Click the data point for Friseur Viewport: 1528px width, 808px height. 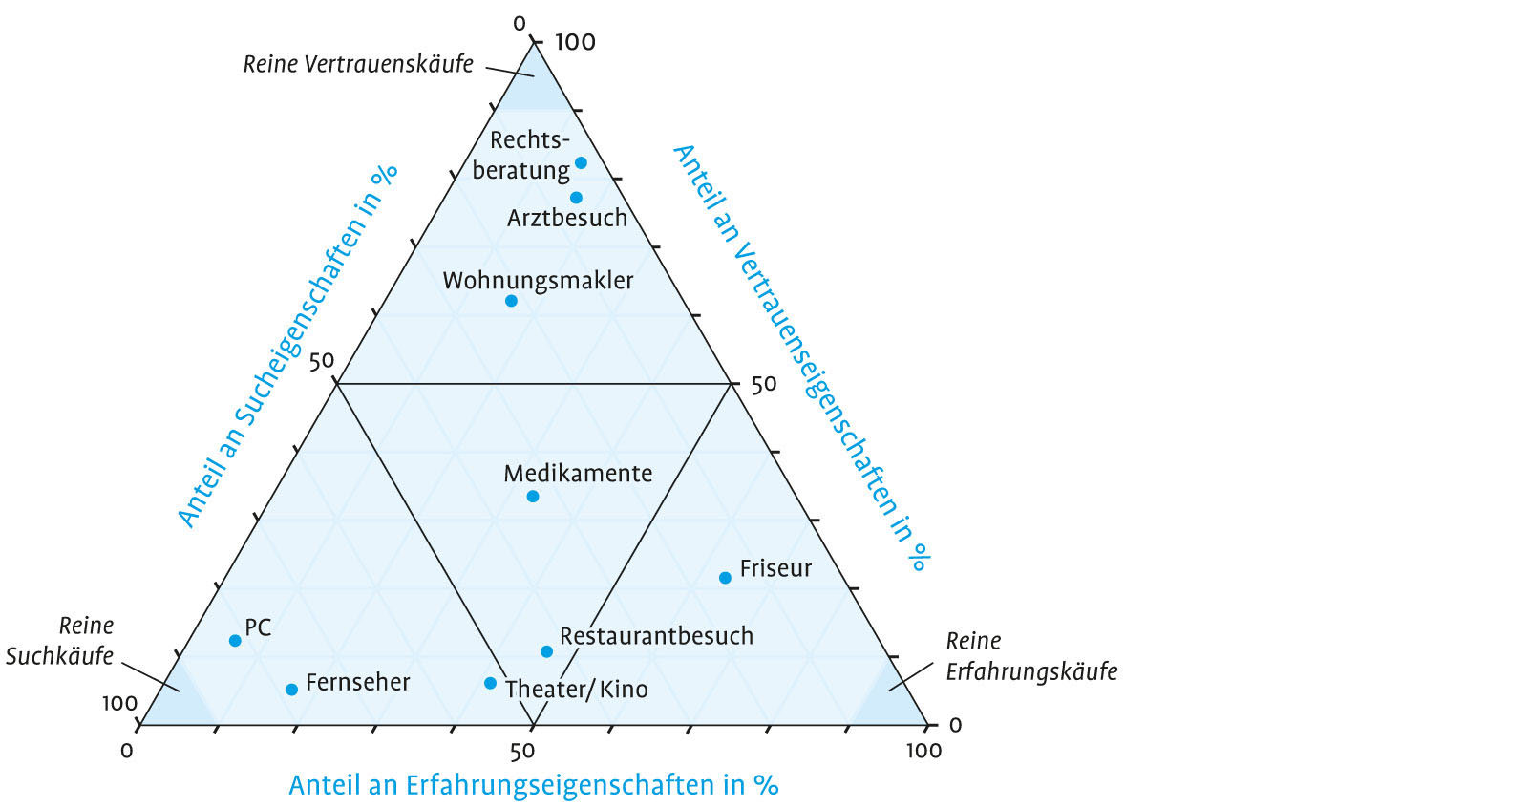pyautogui.click(x=725, y=578)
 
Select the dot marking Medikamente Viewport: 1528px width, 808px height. pyautogui.click(x=533, y=497)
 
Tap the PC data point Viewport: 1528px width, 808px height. pyautogui.click(x=235, y=641)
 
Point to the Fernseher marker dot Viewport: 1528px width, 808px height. pyautogui.click(x=291, y=690)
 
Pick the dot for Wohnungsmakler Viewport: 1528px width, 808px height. pyautogui.click(x=511, y=301)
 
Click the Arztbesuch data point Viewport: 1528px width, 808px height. pyautogui.click(x=576, y=198)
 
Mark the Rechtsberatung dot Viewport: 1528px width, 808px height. pyautogui.click(x=581, y=163)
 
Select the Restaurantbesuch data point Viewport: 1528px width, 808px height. pyautogui.click(x=546, y=651)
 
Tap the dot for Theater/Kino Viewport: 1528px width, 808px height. pyautogui.click(x=490, y=683)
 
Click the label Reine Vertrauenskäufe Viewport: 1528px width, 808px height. pyautogui.click(x=358, y=64)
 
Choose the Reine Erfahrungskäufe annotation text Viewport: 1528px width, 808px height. pyautogui.click(x=1031, y=656)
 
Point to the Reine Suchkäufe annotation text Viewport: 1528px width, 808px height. pyautogui.click(x=60, y=641)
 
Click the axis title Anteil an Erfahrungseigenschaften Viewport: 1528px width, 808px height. pyautogui.click(x=533, y=785)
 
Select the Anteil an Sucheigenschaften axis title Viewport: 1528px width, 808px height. pyautogui.click(x=286, y=346)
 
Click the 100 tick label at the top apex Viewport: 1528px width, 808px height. pyautogui.click(x=575, y=42)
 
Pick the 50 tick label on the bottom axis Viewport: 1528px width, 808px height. pyautogui.click(x=522, y=752)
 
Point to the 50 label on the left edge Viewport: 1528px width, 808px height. pyautogui.click(x=322, y=361)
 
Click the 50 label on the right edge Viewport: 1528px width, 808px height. pyautogui.click(x=764, y=384)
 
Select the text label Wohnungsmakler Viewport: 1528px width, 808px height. pyautogui.click(x=538, y=281)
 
